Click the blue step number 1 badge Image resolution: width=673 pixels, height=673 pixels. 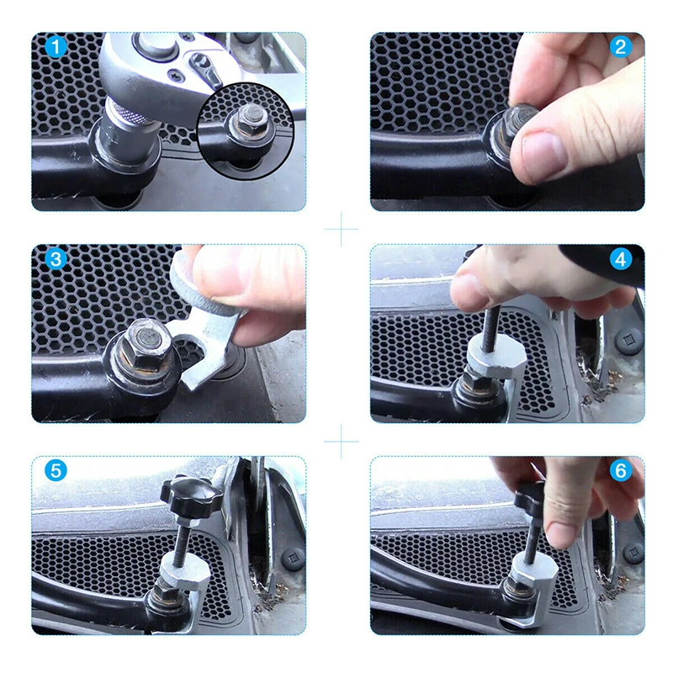tap(56, 47)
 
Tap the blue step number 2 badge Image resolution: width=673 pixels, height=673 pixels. tap(621, 47)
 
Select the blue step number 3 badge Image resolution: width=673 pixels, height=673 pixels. tap(56, 259)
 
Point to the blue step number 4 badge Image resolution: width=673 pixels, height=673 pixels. tap(621, 259)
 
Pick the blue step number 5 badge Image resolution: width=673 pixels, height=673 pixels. tap(56, 470)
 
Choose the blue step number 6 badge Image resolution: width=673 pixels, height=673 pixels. tap(621, 470)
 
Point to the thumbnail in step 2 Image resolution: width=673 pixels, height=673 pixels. tap(544, 151)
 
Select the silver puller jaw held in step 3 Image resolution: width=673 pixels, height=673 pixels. tap(206, 326)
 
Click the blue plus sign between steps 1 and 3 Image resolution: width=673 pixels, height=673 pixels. tap(342, 229)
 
